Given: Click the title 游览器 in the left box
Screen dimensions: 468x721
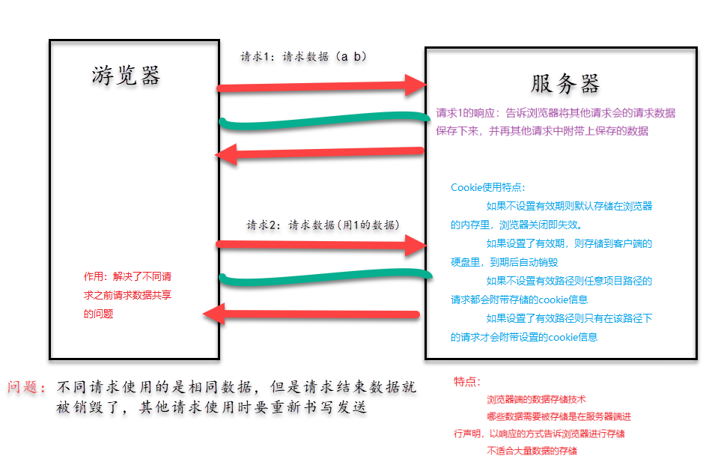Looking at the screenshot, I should point(127,76).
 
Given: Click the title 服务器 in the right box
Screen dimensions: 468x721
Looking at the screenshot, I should point(565,83).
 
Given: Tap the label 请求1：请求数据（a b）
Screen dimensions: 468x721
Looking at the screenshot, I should point(302,57).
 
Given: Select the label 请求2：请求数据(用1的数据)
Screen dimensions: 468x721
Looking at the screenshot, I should point(323,225).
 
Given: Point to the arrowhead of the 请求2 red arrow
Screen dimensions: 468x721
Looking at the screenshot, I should point(414,245).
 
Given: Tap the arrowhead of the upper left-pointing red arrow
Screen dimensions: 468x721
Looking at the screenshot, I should point(225,155).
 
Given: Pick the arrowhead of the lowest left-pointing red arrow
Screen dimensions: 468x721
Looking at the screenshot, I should point(216,314).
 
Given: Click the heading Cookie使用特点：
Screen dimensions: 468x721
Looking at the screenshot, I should point(488,187).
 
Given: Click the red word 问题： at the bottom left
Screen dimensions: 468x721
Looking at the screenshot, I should point(28,388).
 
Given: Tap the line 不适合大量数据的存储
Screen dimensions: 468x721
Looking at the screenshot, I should point(532,451).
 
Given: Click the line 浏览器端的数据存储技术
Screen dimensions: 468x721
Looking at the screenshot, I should point(536,400).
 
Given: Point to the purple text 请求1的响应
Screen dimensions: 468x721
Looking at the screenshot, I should point(466,114).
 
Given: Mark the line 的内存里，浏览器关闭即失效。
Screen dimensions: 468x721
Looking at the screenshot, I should point(516,224).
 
